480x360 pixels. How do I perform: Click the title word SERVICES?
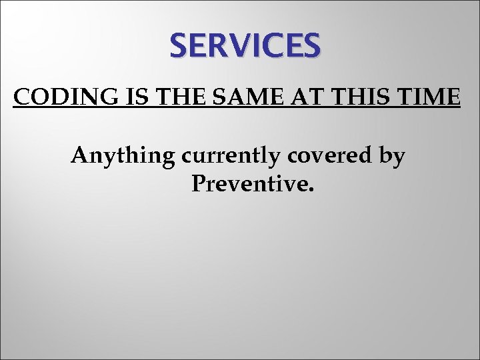(x=245, y=46)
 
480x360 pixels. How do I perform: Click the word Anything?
(x=123, y=157)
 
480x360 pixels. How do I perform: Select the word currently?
(x=227, y=157)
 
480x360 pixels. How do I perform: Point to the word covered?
(x=325, y=155)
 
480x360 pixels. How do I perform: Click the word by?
(x=391, y=157)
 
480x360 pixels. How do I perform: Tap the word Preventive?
(x=249, y=182)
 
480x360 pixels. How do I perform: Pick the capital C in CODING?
(x=21, y=98)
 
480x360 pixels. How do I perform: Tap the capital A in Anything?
(x=80, y=155)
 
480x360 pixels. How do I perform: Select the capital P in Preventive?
(x=198, y=182)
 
